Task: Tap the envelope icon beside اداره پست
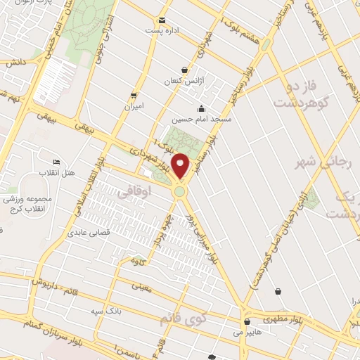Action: pos(163,20)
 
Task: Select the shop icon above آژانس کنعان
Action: pos(184,70)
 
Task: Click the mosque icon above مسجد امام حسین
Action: pos(202,108)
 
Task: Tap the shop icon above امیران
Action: pos(133,95)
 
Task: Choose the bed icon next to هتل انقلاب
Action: pos(57,163)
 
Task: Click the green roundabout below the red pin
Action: pos(180,191)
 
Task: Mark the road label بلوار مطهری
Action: pos(287,316)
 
